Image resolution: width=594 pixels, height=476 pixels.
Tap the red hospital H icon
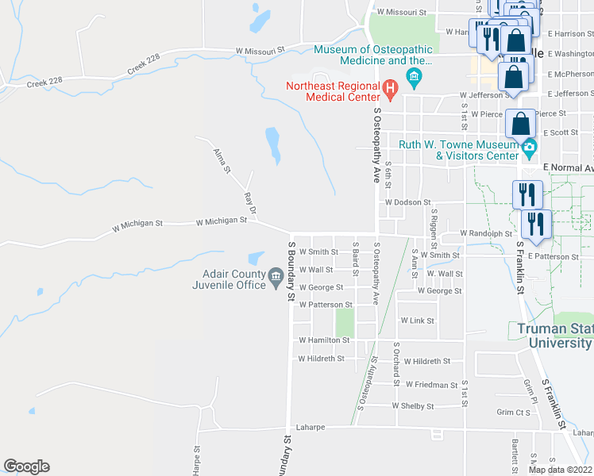390,87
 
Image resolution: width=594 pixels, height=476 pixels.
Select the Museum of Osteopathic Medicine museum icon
413,76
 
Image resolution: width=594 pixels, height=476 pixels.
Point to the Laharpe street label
310,426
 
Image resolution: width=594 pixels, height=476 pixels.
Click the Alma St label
221,159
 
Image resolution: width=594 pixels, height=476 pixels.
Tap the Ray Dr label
250,203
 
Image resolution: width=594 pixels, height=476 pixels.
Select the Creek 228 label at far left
44,82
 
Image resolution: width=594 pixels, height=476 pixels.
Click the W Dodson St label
407,202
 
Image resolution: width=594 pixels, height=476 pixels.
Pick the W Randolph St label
486,233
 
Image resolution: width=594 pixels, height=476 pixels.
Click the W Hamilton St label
324,340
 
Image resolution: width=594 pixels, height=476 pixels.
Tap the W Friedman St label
431,384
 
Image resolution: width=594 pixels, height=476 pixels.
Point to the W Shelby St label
413,405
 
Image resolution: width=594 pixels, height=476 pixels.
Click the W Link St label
418,321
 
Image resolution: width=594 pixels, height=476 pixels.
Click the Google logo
26,466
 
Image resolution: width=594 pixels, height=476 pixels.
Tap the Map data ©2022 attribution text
561,470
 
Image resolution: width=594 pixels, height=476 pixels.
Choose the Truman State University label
553,336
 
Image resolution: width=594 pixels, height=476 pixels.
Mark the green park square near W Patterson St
344,322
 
